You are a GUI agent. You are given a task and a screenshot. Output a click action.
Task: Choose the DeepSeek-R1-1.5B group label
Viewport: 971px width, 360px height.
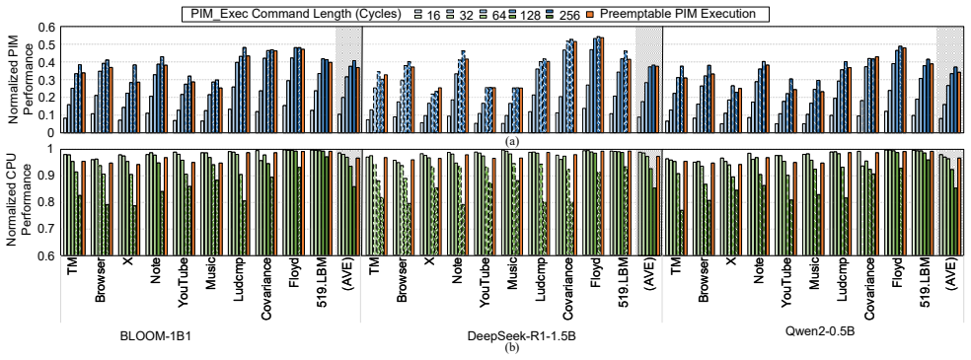[x=511, y=336]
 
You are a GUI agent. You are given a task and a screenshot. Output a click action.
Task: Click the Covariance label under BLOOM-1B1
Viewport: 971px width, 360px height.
[x=266, y=290]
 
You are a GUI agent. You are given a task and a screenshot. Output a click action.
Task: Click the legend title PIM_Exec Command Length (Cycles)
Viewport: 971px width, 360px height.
[x=294, y=14]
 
